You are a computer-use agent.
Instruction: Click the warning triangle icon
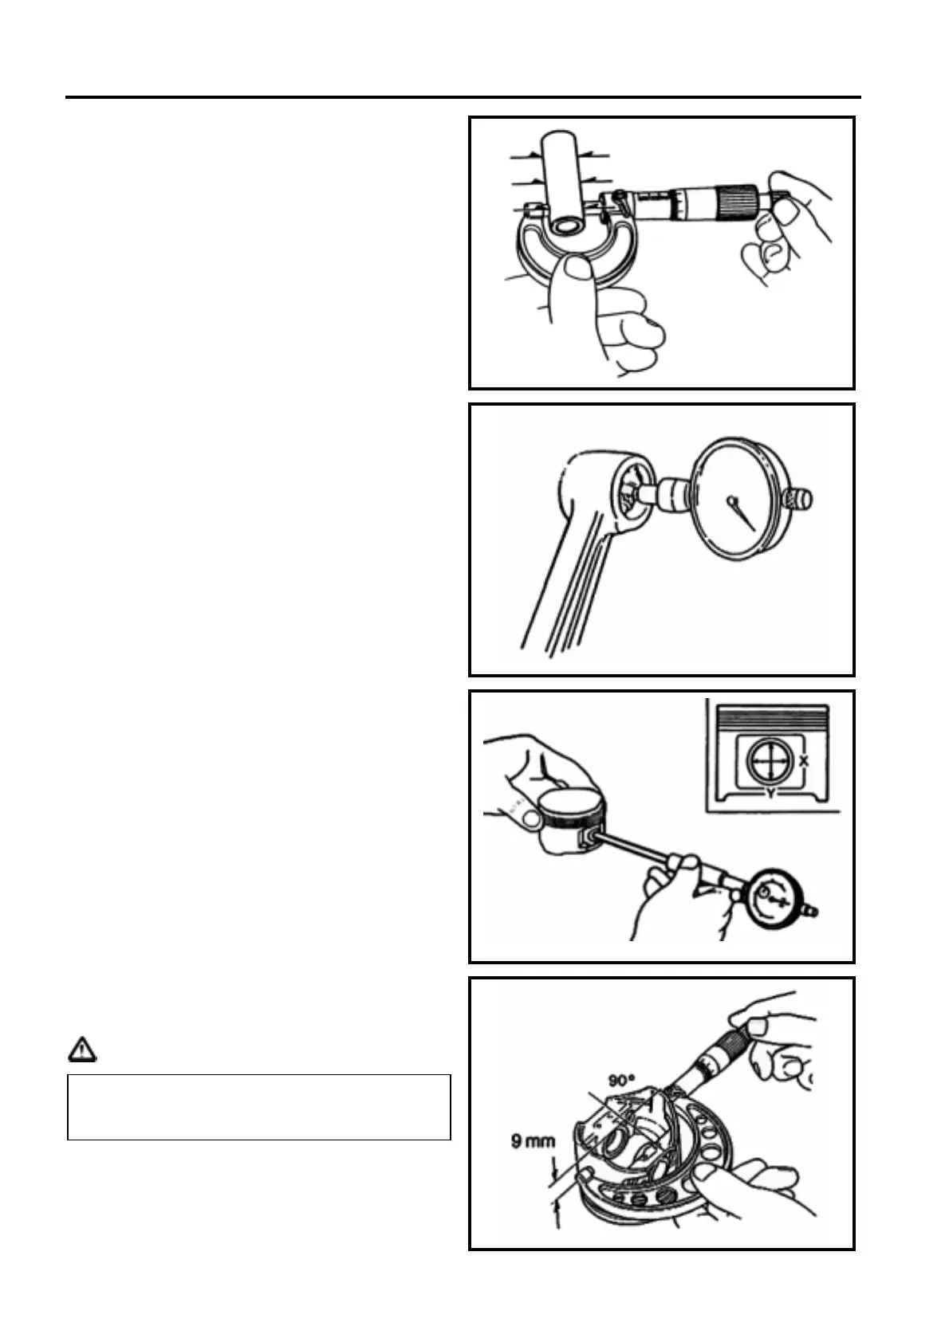pyautogui.click(x=81, y=1050)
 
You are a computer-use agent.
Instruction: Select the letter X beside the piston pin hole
pyautogui.click(x=804, y=761)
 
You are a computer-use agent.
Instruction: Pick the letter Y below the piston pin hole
pyautogui.click(x=770, y=793)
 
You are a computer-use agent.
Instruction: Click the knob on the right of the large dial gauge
pyautogui.click(x=800, y=500)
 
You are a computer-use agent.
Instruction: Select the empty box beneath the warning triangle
pyautogui.click(x=259, y=1107)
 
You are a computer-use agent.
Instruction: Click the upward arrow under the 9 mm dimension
pyautogui.click(x=557, y=1213)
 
